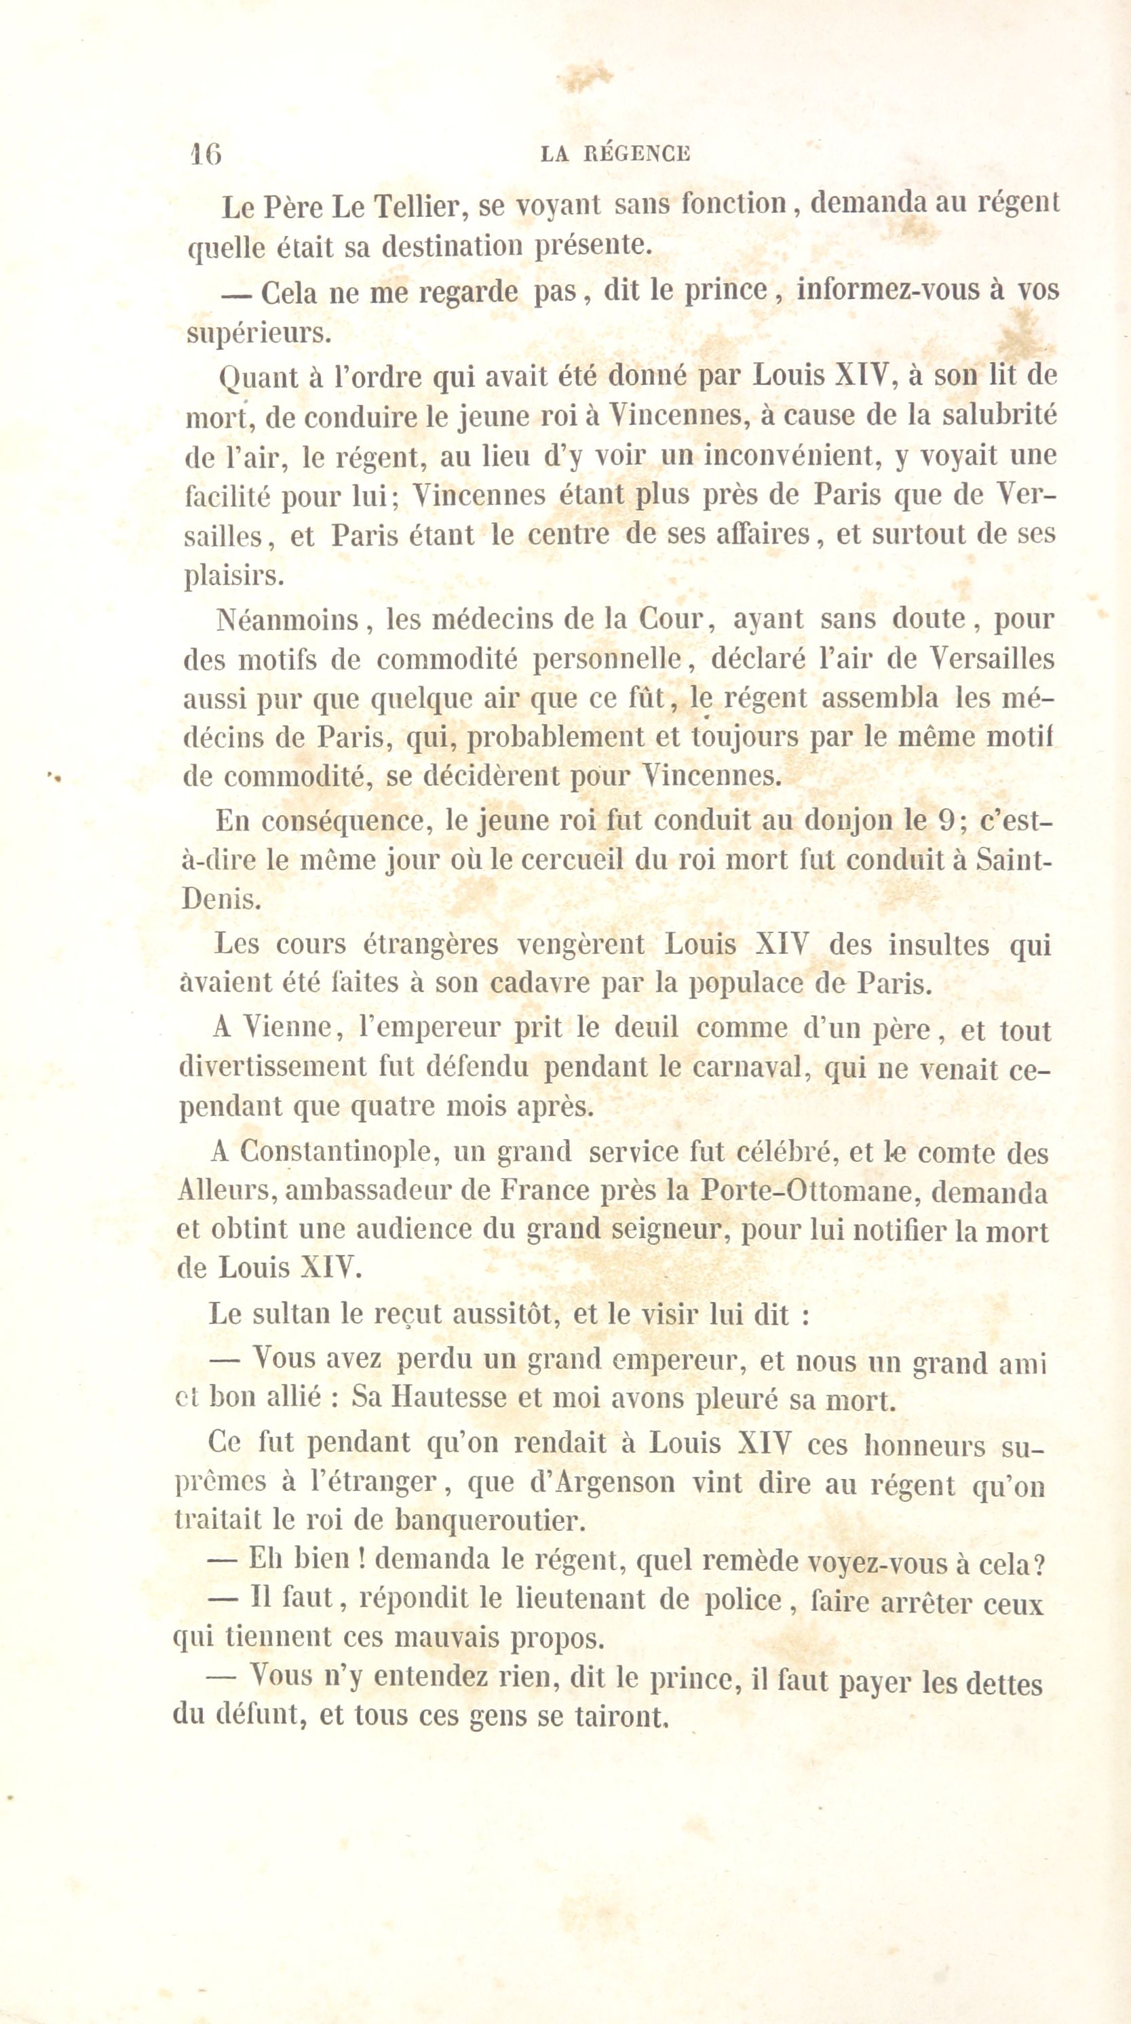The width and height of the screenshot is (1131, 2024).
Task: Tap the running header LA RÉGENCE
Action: (615, 154)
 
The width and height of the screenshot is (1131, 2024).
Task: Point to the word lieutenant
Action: (583, 1602)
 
